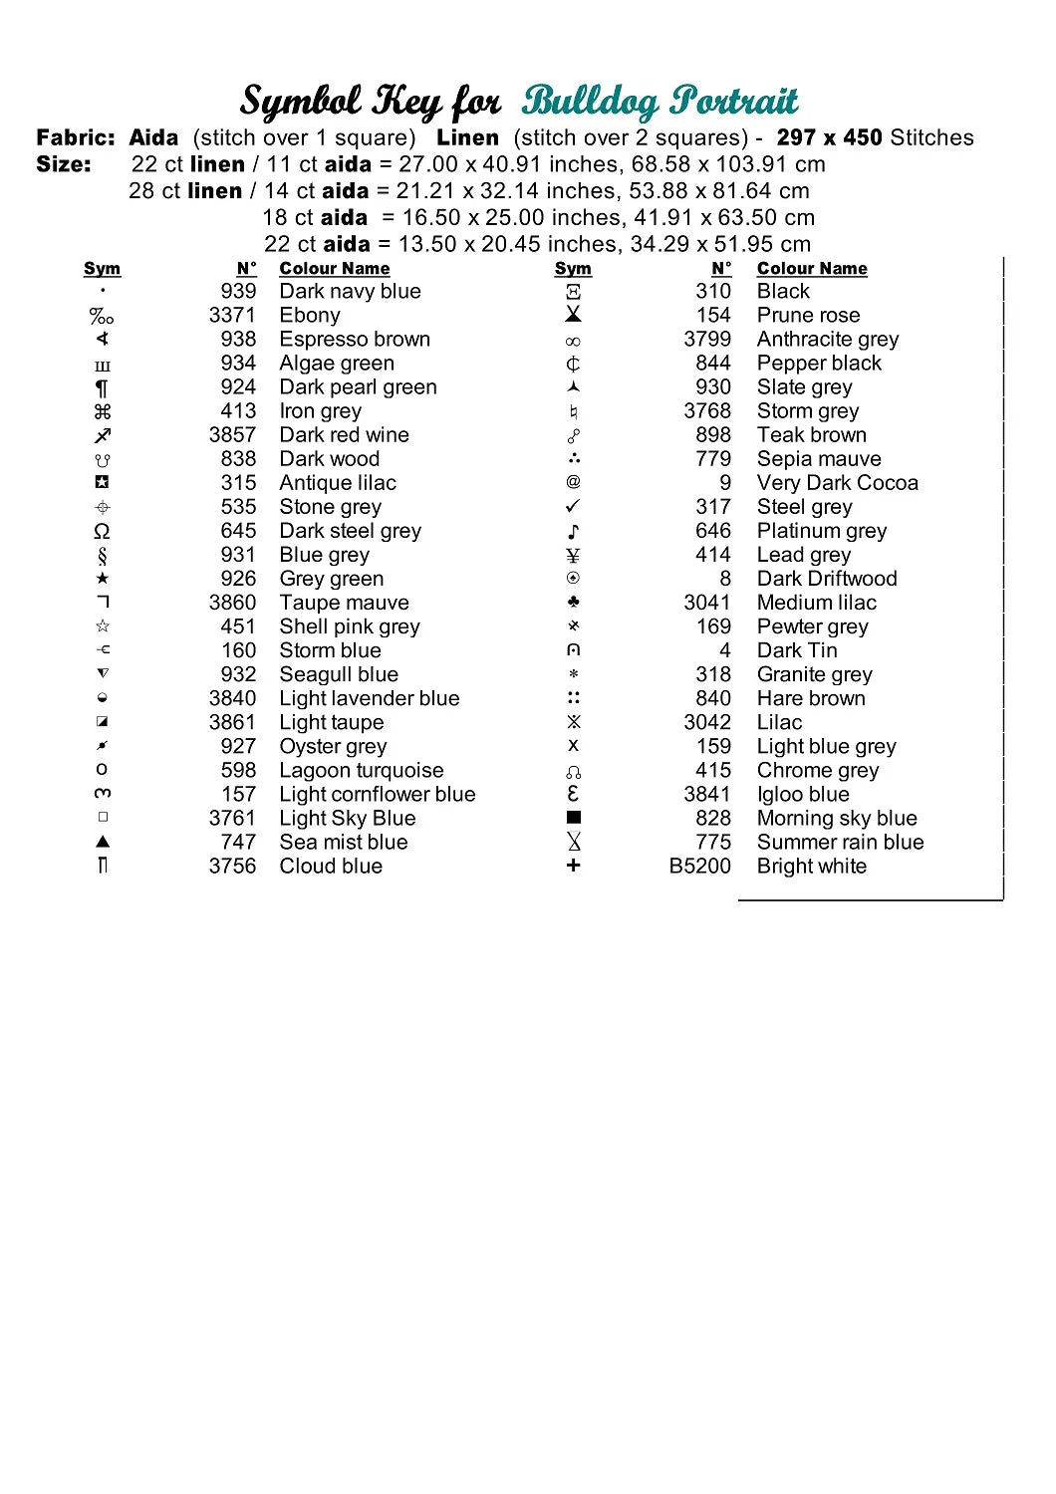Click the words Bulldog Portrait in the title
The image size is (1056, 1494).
coord(660,101)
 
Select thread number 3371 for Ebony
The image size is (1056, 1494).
coord(231,316)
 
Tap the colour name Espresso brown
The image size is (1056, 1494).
coord(355,340)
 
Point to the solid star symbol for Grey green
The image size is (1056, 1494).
coord(103,579)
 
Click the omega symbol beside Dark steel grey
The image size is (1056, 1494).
coord(102,531)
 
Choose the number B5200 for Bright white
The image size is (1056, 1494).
coord(699,867)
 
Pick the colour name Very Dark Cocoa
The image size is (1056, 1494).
coord(837,483)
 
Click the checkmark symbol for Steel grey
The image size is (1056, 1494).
coord(573,507)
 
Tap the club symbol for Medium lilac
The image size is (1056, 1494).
coord(573,603)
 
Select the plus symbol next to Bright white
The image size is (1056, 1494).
coord(573,867)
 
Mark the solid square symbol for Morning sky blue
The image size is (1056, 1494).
coord(573,818)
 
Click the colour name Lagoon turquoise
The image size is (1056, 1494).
coord(361,771)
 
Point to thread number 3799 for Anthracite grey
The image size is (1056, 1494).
coord(706,340)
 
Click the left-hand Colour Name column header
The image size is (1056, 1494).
coord(334,269)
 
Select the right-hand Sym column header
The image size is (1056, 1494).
coord(573,269)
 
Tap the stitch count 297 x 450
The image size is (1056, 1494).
coord(829,138)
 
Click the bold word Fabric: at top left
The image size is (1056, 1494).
coord(76,138)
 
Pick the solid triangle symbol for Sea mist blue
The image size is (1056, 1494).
coord(103,843)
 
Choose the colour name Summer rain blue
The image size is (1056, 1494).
coord(840,843)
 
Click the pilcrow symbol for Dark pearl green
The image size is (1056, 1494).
coord(102,388)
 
